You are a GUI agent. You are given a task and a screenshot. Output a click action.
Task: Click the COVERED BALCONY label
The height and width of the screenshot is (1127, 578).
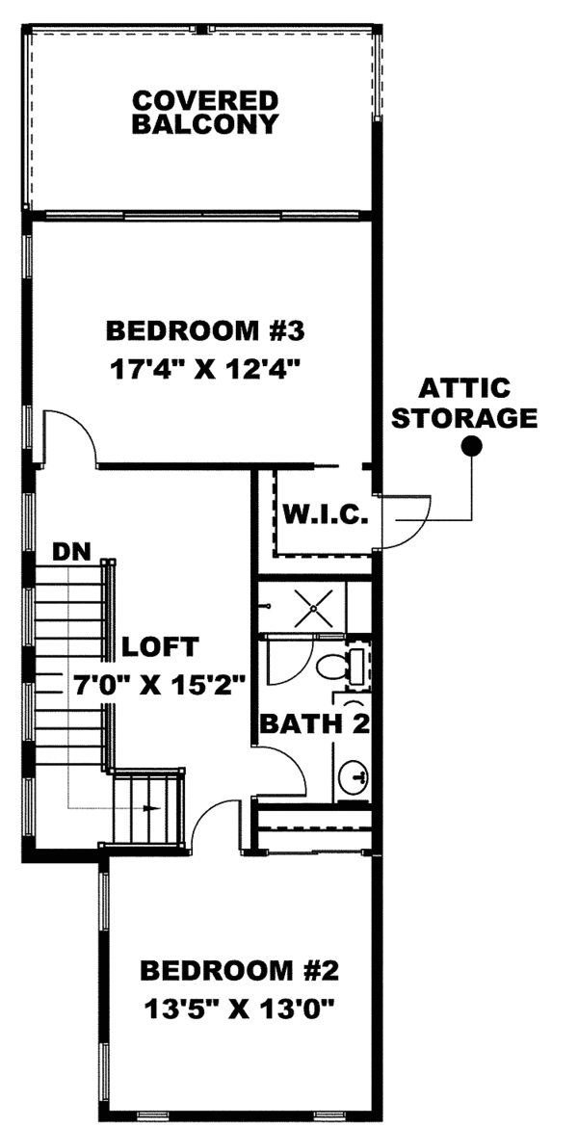(x=205, y=113)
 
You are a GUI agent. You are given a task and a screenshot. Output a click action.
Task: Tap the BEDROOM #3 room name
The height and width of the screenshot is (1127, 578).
(x=205, y=331)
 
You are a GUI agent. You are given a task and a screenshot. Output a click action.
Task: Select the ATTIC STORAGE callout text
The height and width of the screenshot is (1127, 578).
(x=464, y=404)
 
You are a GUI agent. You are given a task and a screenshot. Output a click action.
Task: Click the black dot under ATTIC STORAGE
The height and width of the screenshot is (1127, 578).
(x=471, y=445)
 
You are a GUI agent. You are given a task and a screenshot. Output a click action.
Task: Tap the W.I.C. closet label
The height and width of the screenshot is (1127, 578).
(x=325, y=516)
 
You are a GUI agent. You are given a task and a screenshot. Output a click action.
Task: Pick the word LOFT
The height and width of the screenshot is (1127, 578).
(x=161, y=645)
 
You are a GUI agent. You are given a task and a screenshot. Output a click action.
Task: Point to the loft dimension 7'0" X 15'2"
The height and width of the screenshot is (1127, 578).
(x=161, y=683)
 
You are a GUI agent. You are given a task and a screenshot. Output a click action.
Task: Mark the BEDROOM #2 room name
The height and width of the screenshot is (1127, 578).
(x=239, y=968)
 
